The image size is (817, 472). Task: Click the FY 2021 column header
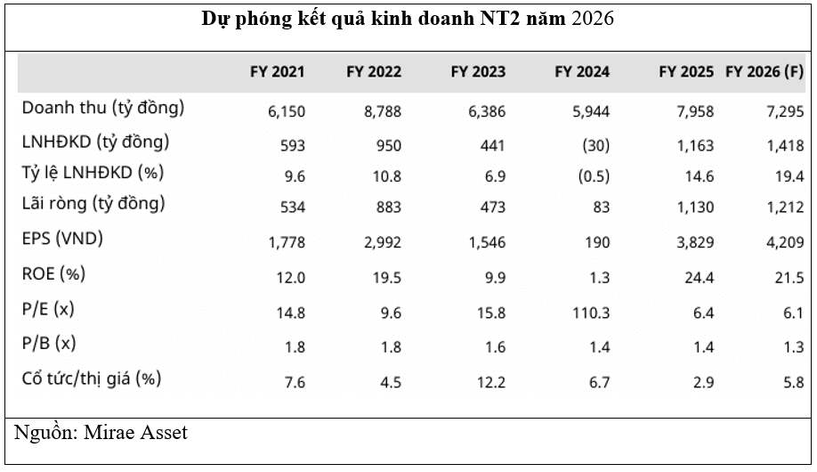[x=278, y=72]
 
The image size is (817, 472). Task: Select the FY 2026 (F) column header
[x=764, y=72]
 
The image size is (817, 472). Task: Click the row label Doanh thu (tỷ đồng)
[x=103, y=108]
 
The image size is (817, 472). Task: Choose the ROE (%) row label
[x=53, y=273]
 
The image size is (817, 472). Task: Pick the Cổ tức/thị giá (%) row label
[x=92, y=378]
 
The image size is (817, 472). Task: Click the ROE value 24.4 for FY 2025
[x=699, y=278]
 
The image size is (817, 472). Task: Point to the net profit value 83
[x=601, y=208]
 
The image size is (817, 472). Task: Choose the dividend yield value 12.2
[x=490, y=382]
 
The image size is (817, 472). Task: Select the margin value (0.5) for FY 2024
[x=592, y=175]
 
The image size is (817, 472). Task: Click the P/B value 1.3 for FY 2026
[x=794, y=346]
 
